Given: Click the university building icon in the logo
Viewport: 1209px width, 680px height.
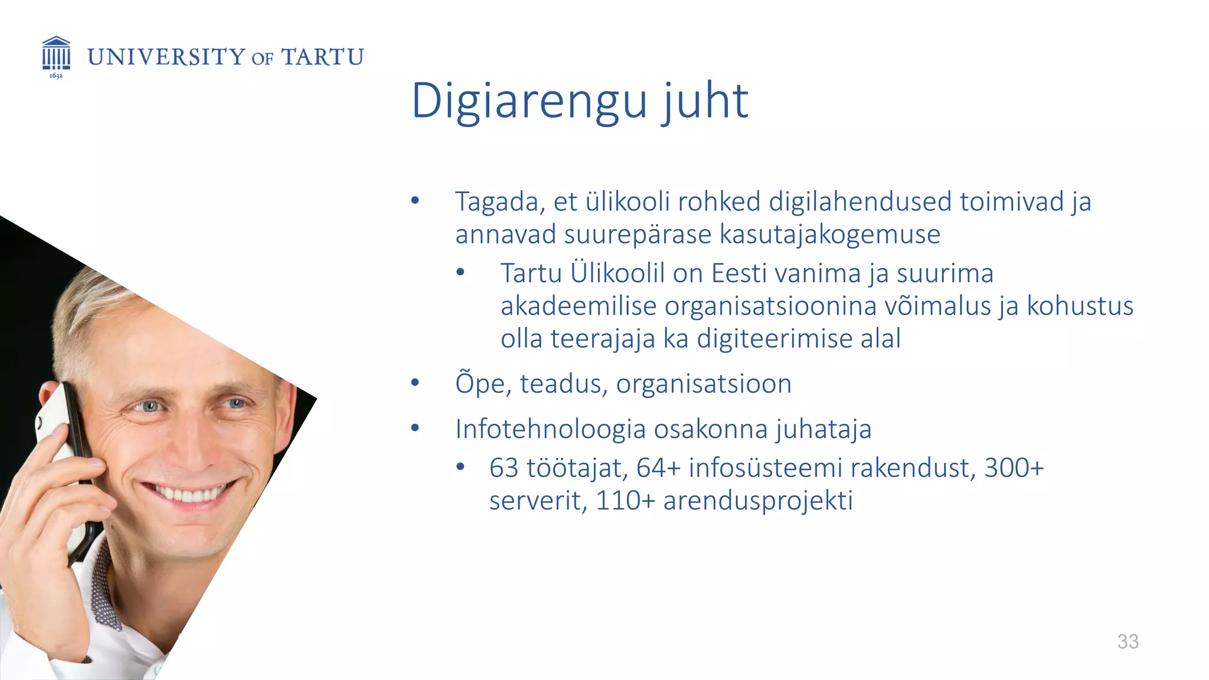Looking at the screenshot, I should (x=56, y=53).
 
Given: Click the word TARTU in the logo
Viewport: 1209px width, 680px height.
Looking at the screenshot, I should (x=322, y=57).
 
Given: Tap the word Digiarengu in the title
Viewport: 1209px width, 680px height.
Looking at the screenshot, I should (x=529, y=102).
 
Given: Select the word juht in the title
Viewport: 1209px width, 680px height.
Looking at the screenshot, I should (x=705, y=102).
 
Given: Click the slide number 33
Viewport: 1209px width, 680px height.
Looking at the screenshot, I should (x=1128, y=641).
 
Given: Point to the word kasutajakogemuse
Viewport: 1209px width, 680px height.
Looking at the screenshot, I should (x=829, y=234).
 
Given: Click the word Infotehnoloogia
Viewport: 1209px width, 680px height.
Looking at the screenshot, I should (x=550, y=429).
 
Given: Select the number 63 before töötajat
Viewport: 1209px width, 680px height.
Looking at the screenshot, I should (x=503, y=468).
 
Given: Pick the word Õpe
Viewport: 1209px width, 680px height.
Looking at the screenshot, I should (x=481, y=384).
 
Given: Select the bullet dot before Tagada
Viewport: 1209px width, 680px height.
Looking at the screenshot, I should (x=415, y=201).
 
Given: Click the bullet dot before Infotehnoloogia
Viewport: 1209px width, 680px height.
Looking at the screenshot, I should (x=415, y=428).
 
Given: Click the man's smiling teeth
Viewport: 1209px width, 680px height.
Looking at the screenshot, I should (x=188, y=493).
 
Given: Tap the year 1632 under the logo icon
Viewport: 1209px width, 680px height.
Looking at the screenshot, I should (x=55, y=76).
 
